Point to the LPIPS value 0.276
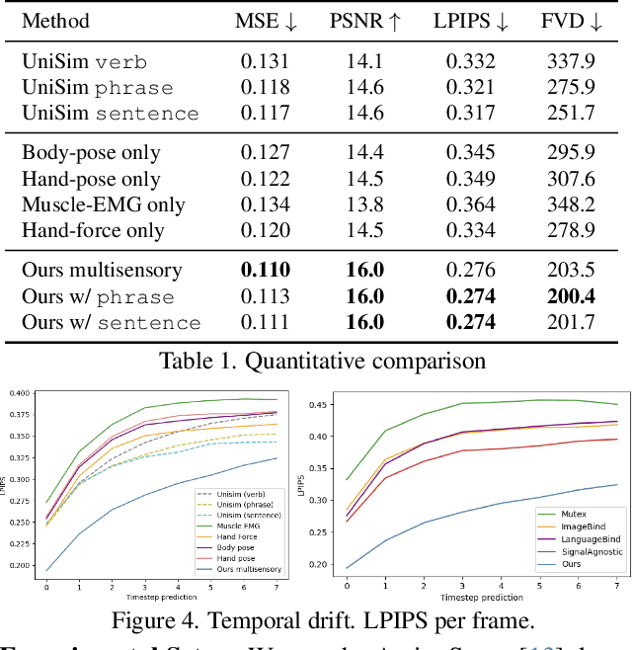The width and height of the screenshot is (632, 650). click(x=470, y=270)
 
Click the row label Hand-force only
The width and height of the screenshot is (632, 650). click(x=93, y=231)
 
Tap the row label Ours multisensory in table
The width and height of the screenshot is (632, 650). click(x=103, y=270)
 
